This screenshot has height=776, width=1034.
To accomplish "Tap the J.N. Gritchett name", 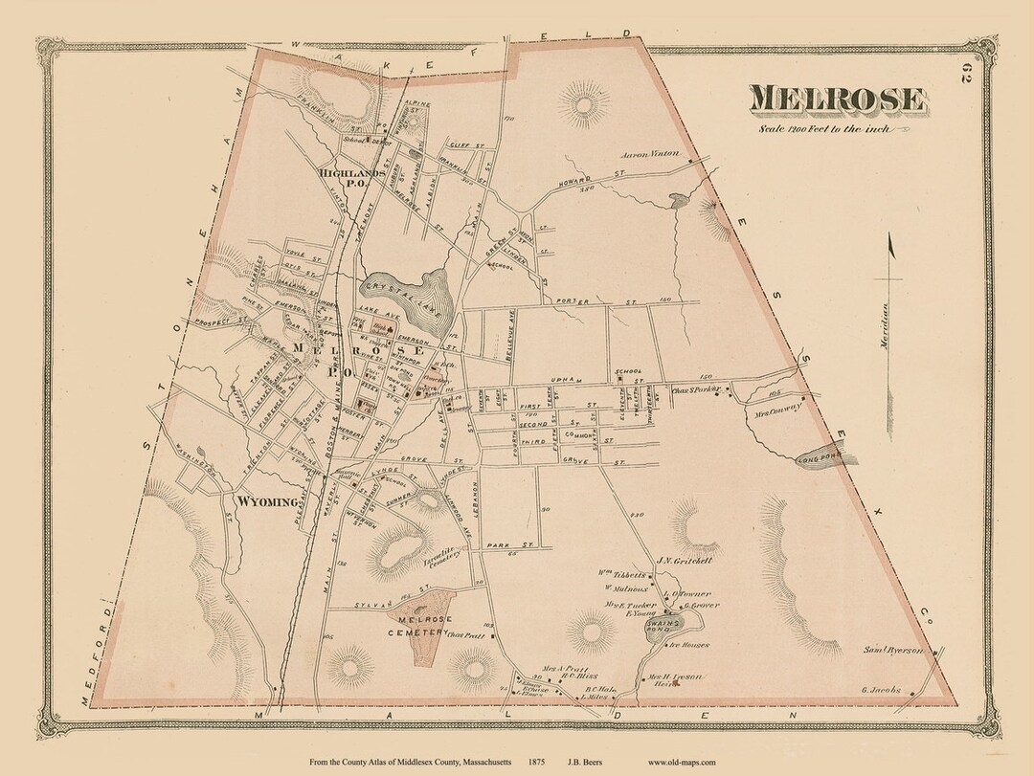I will click(680, 561).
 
